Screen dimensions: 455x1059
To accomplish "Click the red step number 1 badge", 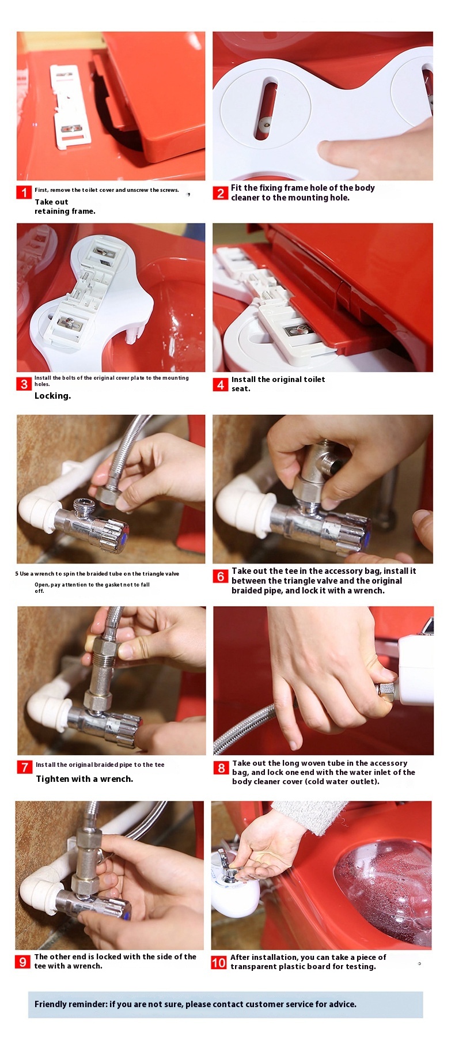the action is coord(24,192).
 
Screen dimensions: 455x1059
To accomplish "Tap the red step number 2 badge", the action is coord(221,193).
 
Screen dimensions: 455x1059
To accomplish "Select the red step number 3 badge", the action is coord(24,384).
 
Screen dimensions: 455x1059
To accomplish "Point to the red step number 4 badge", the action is coord(221,384).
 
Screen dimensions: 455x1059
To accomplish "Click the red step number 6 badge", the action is coord(221,576).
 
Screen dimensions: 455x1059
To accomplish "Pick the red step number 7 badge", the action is coord(24,767).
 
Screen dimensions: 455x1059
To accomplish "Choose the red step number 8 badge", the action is coord(221,767).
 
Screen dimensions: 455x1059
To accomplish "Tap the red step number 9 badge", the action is coord(22,961).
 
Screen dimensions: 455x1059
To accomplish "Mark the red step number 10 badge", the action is coord(219,962).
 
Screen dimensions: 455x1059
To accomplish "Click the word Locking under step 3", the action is coord(52,396).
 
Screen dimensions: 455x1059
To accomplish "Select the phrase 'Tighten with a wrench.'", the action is coord(84,779).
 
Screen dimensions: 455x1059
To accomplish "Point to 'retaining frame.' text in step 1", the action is coord(65,211).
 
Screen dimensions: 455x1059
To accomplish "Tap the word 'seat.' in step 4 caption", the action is coord(241,389).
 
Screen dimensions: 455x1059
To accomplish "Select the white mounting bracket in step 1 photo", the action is coord(70,107).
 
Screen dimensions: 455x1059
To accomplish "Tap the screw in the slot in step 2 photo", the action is coord(265,122).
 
